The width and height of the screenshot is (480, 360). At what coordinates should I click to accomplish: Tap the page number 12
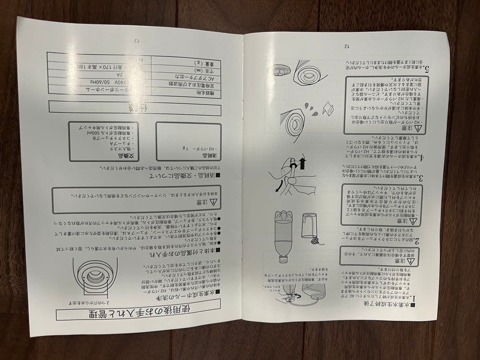pyautogui.click(x=347, y=46)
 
